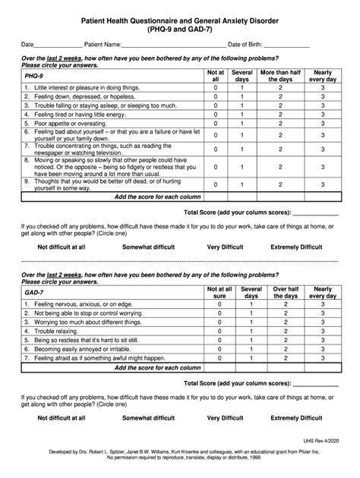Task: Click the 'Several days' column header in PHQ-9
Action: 242,76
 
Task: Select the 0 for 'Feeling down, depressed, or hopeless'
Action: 216,98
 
